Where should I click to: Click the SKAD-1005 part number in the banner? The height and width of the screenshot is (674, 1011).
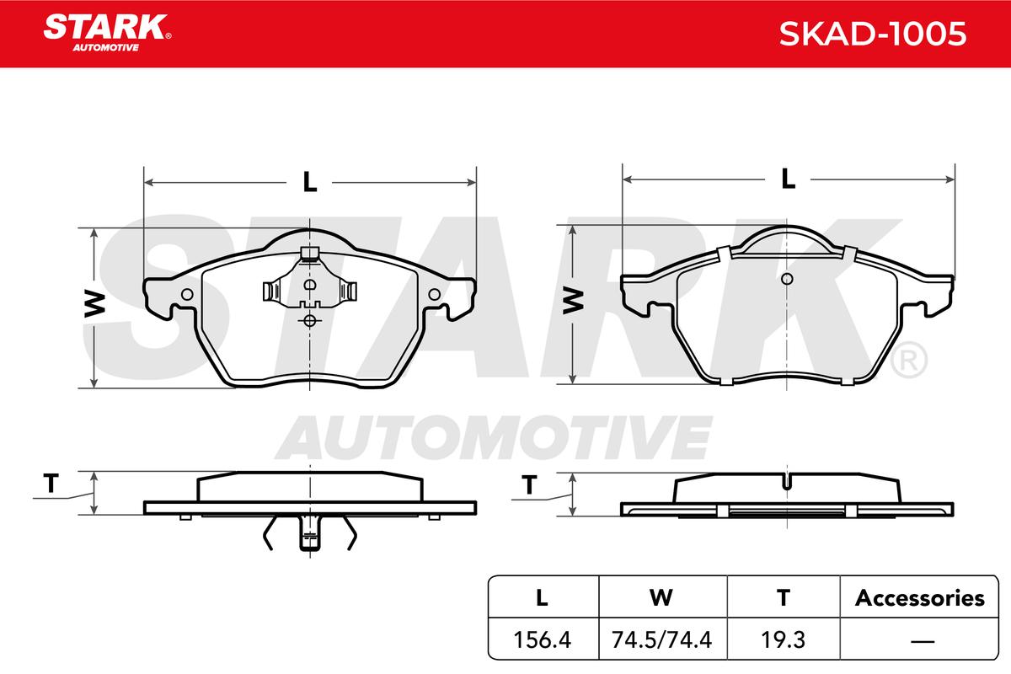(873, 34)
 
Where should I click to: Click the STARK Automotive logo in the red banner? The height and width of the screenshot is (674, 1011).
(107, 33)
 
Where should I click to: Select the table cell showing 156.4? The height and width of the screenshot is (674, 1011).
(543, 639)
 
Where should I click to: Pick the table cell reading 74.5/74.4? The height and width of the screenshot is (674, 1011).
(661, 639)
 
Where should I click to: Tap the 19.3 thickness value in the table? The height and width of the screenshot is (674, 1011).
(783, 639)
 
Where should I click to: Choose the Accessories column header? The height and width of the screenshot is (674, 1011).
(919, 598)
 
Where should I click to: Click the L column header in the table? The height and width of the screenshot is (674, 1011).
(542, 598)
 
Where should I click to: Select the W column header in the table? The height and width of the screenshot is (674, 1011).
(661, 598)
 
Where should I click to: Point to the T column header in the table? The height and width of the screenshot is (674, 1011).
(784, 598)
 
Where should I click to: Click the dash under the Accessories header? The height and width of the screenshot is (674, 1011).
(923, 641)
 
